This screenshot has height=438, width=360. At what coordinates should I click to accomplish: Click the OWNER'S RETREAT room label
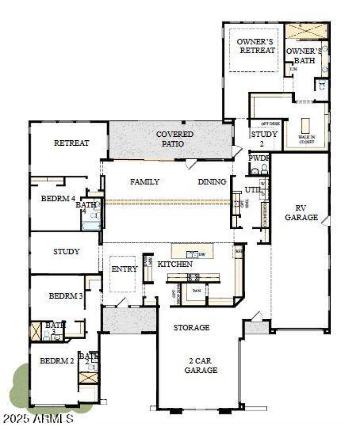257,46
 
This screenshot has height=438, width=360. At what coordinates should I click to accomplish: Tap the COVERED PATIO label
175,139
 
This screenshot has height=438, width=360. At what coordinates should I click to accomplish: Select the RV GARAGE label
307,213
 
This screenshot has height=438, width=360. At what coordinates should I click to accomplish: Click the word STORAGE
192,328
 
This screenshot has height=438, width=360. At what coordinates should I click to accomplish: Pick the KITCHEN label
175,264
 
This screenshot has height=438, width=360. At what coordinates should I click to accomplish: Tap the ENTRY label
124,269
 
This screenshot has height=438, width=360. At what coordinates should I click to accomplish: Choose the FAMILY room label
145,182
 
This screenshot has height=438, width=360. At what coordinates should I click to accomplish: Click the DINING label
211,182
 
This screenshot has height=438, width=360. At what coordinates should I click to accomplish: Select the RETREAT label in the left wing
72,143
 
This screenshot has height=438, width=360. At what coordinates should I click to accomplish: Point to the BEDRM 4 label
58,198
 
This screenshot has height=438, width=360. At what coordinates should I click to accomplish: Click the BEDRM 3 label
66,296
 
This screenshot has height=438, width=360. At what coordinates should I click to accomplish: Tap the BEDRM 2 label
57,361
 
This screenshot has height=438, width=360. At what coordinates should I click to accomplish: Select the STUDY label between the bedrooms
66,252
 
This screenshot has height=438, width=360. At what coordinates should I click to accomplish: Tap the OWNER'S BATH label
304,55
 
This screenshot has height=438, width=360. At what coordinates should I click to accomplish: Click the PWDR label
259,158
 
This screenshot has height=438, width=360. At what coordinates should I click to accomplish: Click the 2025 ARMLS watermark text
38,419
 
